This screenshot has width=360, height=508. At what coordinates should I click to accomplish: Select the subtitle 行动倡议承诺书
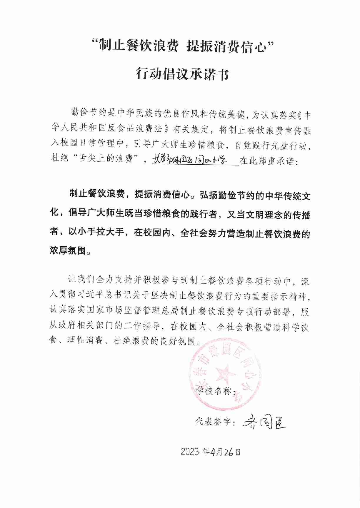pyautogui.click(x=182, y=74)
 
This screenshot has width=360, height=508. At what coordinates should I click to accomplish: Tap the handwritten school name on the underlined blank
pyautogui.click(x=190, y=160)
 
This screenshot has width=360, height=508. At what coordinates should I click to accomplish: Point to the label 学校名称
pyautogui.click(x=214, y=391)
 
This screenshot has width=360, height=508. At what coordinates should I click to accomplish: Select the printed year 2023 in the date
pyautogui.click(x=190, y=452)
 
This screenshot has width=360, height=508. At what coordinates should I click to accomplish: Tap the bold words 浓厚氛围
pyautogui.click(x=68, y=251)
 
